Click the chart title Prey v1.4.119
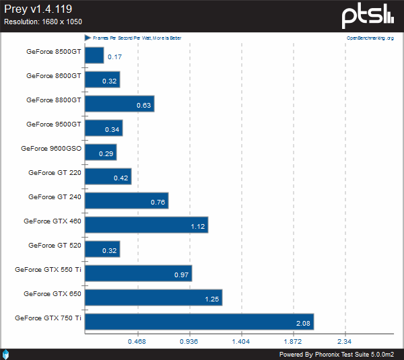tap(38, 9)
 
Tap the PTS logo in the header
tap(368, 16)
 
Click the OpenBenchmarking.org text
tap(370, 38)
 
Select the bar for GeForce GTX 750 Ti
tap(199, 322)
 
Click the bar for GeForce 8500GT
tap(94, 55)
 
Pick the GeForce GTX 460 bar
tap(146, 225)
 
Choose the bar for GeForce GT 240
tap(127, 201)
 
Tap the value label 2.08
tap(303, 324)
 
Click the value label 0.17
tap(114, 57)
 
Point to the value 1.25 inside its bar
tap(212, 299)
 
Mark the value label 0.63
tap(143, 106)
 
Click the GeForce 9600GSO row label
tap(50, 148)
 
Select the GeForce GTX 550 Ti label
tap(48, 269)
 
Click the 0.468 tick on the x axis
tap(137, 342)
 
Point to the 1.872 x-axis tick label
tap(293, 342)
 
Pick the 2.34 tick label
tap(345, 342)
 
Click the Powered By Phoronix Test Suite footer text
tap(336, 354)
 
